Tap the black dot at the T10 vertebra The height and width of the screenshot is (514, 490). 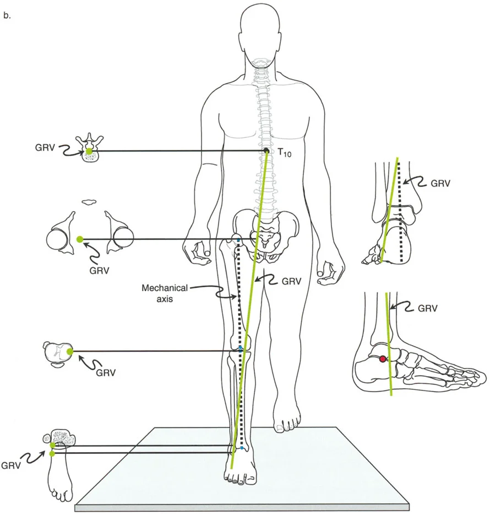click(266, 151)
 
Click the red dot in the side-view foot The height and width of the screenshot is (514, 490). click(383, 359)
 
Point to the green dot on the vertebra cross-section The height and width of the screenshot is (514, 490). click(89, 151)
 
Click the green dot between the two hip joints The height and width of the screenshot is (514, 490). click(80, 239)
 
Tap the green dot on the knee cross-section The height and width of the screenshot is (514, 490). click(69, 351)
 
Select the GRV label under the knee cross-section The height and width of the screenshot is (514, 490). click(107, 372)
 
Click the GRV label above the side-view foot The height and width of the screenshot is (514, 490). click(427, 309)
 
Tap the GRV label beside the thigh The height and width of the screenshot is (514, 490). click(292, 281)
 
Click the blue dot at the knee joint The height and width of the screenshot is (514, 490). click(241, 348)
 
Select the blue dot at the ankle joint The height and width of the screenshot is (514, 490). click(241, 448)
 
